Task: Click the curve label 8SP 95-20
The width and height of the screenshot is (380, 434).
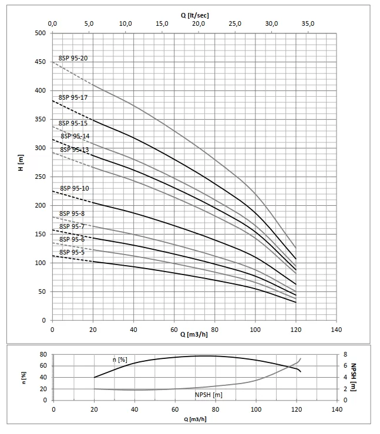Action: tap(73, 59)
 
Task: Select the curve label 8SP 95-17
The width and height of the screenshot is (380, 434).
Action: tap(73, 97)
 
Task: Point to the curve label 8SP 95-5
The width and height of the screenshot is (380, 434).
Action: tap(72, 252)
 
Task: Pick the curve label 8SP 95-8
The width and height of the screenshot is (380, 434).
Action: tap(72, 214)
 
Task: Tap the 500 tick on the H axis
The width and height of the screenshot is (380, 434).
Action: tap(40, 33)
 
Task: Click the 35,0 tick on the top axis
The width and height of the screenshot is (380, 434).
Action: tap(308, 23)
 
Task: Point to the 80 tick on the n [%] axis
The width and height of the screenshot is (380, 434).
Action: tap(43, 354)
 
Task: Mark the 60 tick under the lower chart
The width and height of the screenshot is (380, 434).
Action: tap(174, 409)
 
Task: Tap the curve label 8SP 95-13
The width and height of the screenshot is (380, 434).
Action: tap(74, 150)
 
